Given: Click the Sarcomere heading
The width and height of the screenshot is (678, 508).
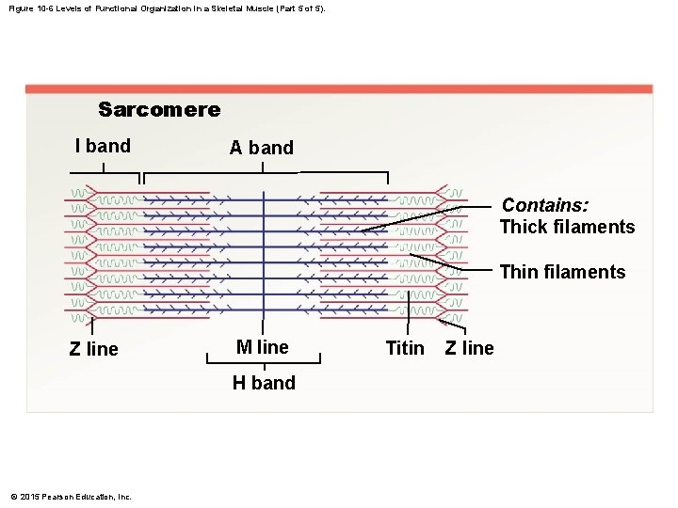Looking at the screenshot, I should (159, 110).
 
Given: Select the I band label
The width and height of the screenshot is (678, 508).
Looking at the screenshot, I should (103, 146).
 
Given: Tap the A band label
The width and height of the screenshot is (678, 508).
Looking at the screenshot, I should (262, 148).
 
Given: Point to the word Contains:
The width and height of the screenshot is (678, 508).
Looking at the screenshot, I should (546, 205).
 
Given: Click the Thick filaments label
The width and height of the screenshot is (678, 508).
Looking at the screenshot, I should (567, 227).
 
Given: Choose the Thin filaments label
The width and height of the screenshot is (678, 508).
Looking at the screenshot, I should (562, 273).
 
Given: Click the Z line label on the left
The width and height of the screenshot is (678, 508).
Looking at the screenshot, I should (94, 349).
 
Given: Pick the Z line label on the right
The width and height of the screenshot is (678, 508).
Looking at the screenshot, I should (469, 348).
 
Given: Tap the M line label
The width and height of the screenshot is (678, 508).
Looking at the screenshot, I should (263, 347).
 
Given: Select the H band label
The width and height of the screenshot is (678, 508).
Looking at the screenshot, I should (264, 383).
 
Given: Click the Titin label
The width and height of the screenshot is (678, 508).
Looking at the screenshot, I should (405, 348).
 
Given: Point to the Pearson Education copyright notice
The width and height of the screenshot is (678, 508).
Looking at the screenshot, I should (71, 497).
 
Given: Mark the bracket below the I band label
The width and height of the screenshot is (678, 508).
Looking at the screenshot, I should (104, 174).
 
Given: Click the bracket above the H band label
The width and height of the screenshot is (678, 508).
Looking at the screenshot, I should (264, 357).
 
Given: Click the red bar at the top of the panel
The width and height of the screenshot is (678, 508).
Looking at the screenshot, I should (339, 89).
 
